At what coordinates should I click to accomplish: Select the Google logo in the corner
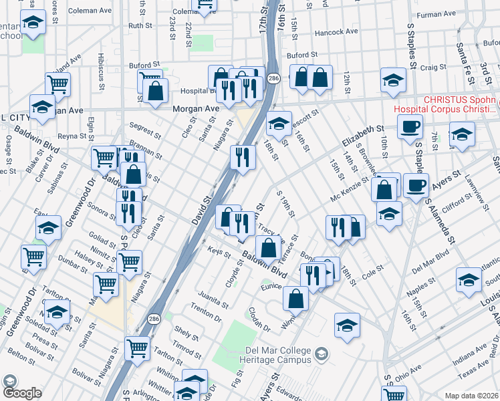click(21, 392)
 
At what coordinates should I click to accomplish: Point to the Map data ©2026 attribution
click(472, 396)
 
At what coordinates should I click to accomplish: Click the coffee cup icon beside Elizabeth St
click(409, 126)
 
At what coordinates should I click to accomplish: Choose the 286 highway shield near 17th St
click(273, 79)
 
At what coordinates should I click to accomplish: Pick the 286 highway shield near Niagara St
click(154, 318)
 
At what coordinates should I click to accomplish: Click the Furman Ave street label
click(436, 13)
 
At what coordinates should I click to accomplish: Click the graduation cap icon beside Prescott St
click(279, 123)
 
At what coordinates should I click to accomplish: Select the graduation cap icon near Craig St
click(393, 80)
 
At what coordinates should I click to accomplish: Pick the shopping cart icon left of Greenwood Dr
click(33, 256)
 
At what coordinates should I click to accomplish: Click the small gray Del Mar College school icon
click(322, 354)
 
